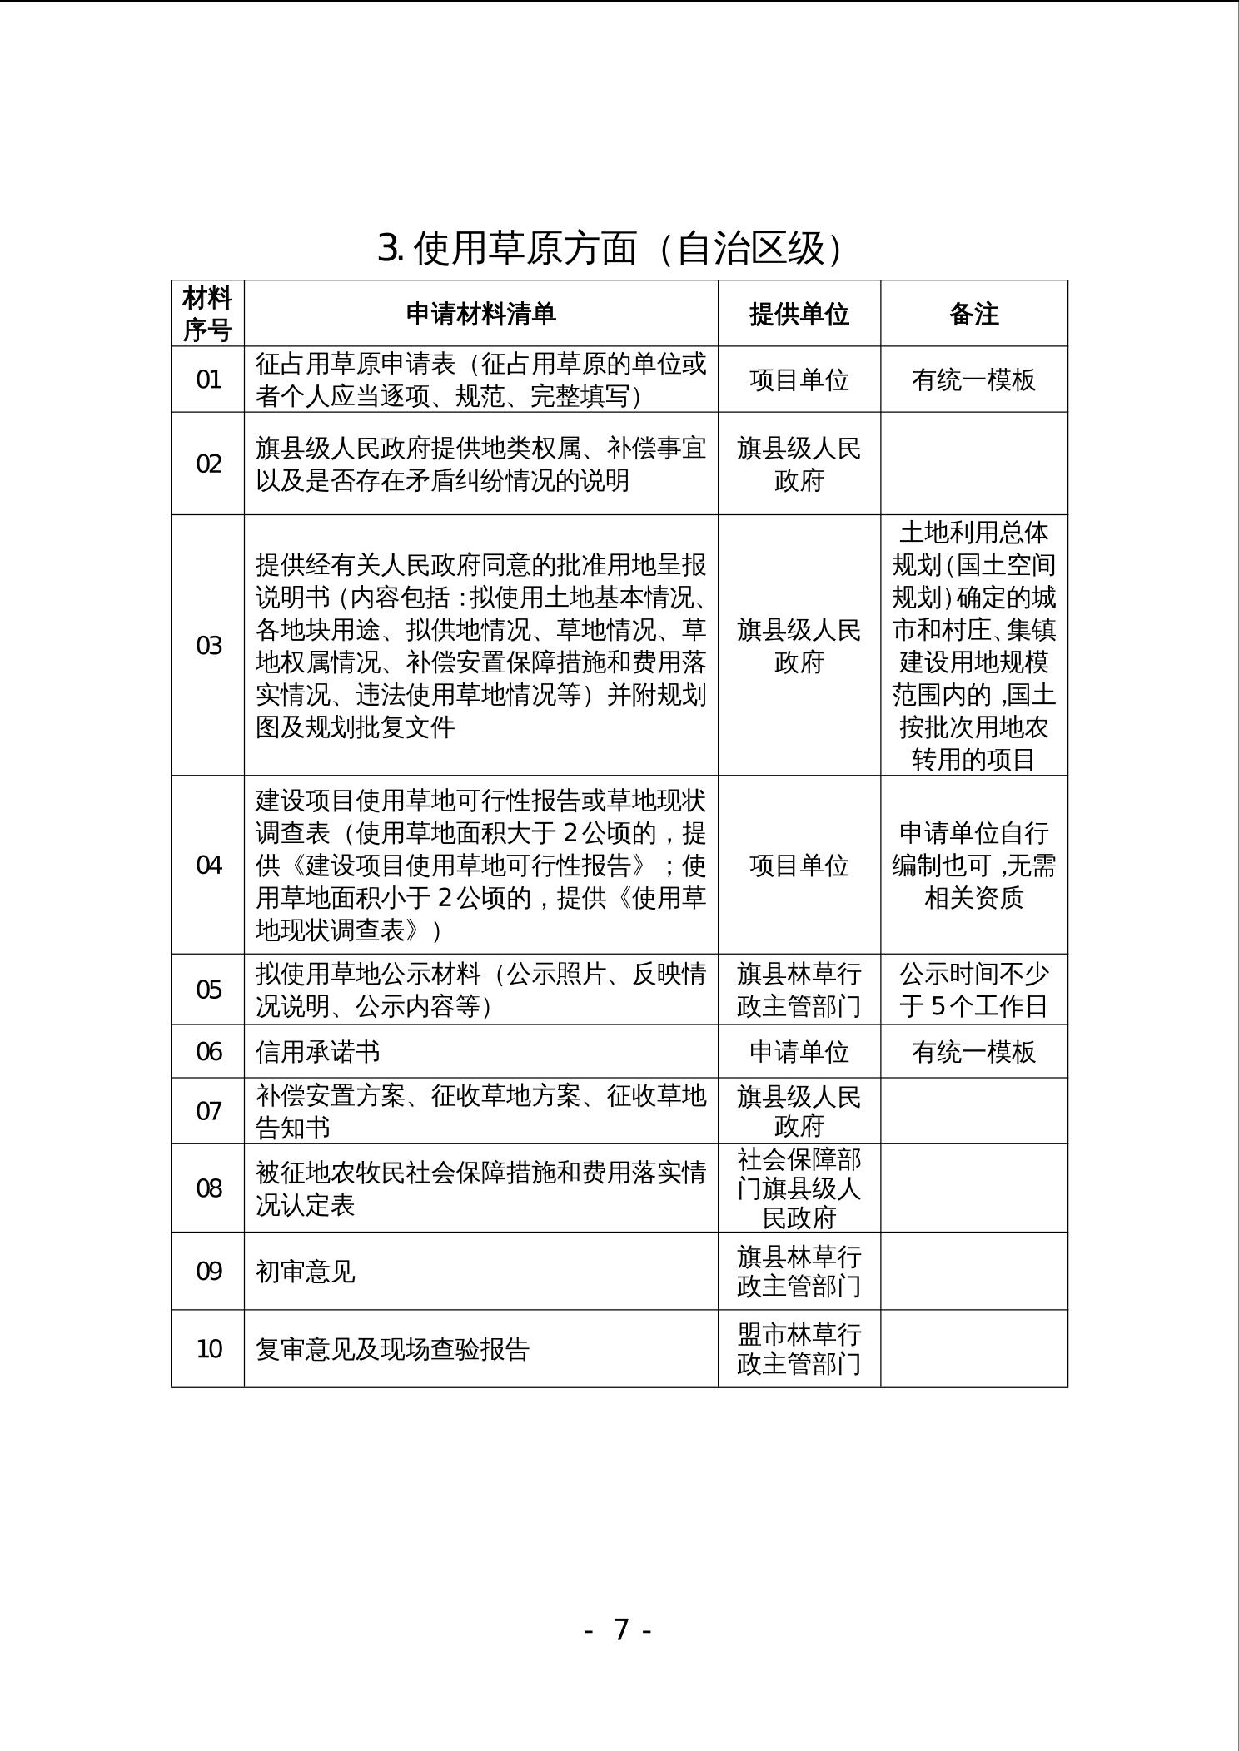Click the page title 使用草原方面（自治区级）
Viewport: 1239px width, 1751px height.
click(610, 248)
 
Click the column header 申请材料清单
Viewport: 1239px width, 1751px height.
click(480, 314)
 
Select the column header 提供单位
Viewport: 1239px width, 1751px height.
click(799, 314)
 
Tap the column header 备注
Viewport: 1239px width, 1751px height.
click(973, 314)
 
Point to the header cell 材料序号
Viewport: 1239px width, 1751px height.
click(207, 314)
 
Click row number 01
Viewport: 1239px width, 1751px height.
click(208, 379)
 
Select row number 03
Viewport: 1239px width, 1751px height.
click(208, 646)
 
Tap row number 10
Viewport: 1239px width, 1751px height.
click(208, 1349)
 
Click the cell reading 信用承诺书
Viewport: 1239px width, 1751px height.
click(317, 1052)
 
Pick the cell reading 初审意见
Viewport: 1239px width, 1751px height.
click(305, 1272)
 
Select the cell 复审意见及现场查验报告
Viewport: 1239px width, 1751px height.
click(392, 1349)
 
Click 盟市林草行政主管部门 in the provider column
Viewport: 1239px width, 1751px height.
click(799, 1349)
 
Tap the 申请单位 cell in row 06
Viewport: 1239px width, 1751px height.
click(799, 1052)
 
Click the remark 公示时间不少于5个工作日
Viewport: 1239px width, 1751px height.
click(973, 990)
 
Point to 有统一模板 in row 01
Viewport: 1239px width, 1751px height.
click(973, 379)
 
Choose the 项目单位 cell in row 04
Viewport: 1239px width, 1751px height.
click(799, 866)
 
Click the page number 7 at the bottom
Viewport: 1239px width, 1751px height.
click(619, 1629)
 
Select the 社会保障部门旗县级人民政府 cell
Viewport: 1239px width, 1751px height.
click(799, 1188)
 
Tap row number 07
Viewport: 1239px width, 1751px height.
click(208, 1111)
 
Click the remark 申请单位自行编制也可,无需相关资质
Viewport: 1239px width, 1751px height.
click(973, 866)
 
